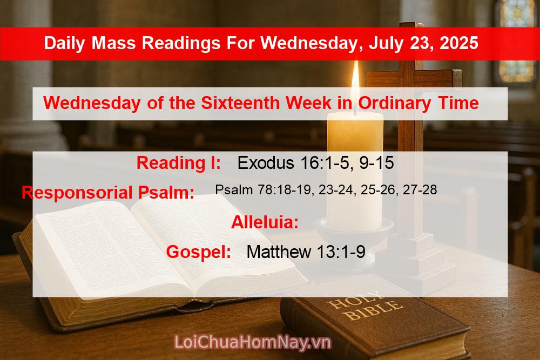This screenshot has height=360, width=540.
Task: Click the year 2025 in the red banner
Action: (459, 43)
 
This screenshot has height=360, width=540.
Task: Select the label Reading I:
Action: (178, 162)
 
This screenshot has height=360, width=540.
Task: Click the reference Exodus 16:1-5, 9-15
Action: (315, 162)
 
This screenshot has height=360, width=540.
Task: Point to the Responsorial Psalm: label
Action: (108, 192)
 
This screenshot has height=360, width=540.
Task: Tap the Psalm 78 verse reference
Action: (326, 190)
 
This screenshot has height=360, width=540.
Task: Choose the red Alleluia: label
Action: (265, 222)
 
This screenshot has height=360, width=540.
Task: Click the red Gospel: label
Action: (199, 252)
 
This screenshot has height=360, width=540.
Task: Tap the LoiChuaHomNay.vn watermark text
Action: (253, 342)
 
